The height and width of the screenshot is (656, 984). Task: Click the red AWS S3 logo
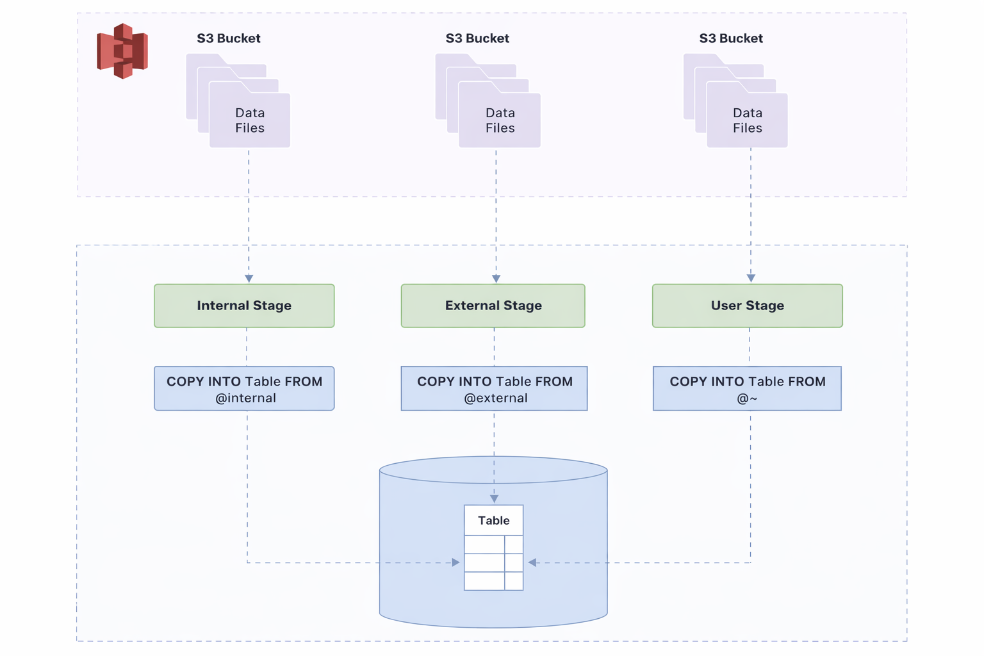pyautogui.click(x=122, y=51)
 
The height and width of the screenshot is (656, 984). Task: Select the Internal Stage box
pyautogui.click(x=244, y=306)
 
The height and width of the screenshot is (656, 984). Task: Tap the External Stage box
pyautogui.click(x=493, y=306)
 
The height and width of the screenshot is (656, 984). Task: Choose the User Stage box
pyautogui.click(x=747, y=306)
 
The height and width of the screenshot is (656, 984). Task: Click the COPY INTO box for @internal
pyautogui.click(x=244, y=388)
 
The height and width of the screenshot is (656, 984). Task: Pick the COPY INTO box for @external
pyautogui.click(x=494, y=388)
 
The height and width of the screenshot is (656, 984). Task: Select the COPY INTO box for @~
pyautogui.click(x=747, y=388)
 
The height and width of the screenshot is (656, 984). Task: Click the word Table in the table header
pyautogui.click(x=494, y=520)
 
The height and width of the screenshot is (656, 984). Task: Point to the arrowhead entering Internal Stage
pyautogui.click(x=249, y=279)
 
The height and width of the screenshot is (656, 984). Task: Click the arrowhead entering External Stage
pyautogui.click(x=496, y=279)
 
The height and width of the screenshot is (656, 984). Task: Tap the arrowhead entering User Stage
pyautogui.click(x=751, y=278)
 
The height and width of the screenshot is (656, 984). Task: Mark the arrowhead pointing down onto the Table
pyautogui.click(x=494, y=499)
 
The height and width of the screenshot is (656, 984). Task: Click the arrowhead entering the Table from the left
pyautogui.click(x=456, y=562)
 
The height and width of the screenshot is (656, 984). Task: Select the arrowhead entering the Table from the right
pyautogui.click(x=532, y=562)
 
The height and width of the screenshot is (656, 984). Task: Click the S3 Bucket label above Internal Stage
pyautogui.click(x=229, y=38)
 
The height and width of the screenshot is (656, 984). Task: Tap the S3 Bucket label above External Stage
pyautogui.click(x=477, y=38)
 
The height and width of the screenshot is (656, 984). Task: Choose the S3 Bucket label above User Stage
pyautogui.click(x=731, y=38)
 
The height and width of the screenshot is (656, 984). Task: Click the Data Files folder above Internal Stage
pyautogui.click(x=238, y=101)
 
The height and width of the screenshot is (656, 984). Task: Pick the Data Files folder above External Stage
pyautogui.click(x=488, y=101)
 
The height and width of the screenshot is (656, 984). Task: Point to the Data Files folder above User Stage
pyautogui.click(x=735, y=101)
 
